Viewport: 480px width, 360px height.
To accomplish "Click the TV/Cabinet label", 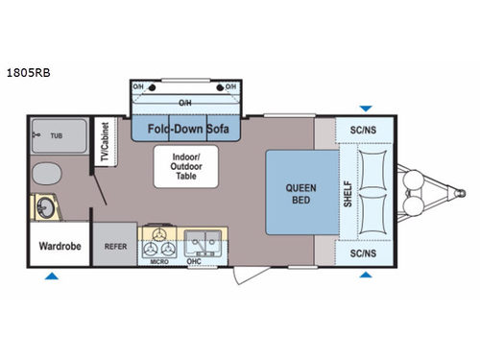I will point(104,144).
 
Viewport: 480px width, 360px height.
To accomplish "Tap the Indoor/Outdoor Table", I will point(185,166).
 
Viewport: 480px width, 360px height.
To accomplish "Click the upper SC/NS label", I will point(364,130).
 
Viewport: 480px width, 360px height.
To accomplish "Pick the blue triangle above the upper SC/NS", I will point(364,108).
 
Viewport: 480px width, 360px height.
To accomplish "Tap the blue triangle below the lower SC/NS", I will point(364,276).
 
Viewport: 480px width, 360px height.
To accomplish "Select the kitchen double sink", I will point(204,238).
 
